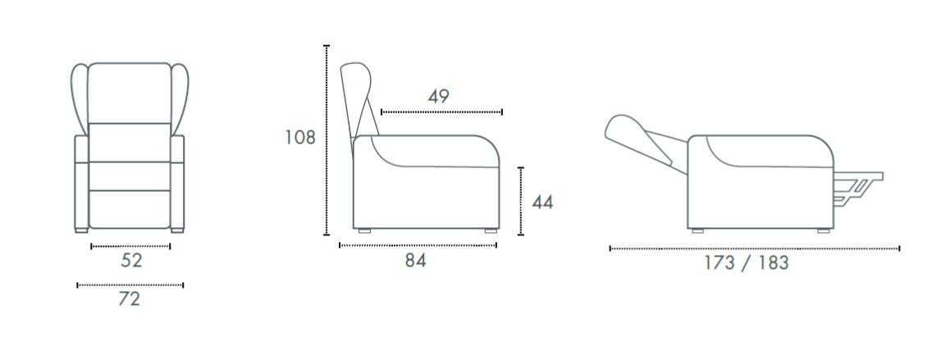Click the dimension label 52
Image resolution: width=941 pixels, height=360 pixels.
(x=131, y=261)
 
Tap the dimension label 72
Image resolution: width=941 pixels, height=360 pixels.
(x=129, y=298)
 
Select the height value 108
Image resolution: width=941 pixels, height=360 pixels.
(x=300, y=138)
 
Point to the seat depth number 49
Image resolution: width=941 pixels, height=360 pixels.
(x=439, y=96)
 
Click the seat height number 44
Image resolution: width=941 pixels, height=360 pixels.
(x=542, y=203)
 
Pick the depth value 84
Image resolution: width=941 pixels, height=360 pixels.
(x=415, y=261)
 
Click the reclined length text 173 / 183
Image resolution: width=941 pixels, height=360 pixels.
(x=747, y=262)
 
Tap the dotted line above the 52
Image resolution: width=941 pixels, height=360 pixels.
(x=130, y=246)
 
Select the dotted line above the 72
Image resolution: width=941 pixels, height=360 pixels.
(x=130, y=285)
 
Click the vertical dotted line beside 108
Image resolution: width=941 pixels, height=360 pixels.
(x=327, y=139)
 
